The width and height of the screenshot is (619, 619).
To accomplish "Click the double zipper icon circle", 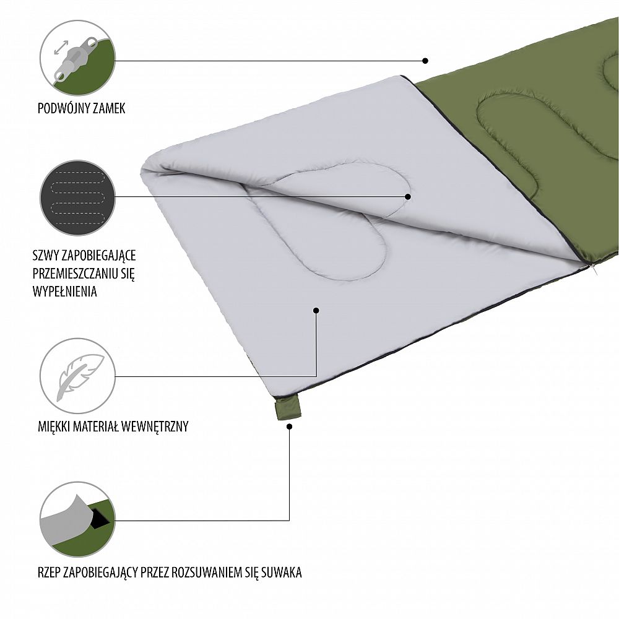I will (x=77, y=60).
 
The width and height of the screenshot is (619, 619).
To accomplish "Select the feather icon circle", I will (x=77, y=376).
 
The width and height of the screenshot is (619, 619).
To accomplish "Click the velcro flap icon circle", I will (x=77, y=519).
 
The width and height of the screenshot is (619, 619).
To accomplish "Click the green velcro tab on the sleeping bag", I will (x=287, y=407).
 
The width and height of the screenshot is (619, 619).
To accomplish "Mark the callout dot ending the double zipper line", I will (x=425, y=61).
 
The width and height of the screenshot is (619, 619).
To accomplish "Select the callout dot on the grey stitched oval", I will (x=408, y=196).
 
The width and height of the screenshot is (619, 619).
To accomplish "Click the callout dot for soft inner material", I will (x=316, y=310).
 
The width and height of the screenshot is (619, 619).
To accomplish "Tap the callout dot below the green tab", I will (x=290, y=428).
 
